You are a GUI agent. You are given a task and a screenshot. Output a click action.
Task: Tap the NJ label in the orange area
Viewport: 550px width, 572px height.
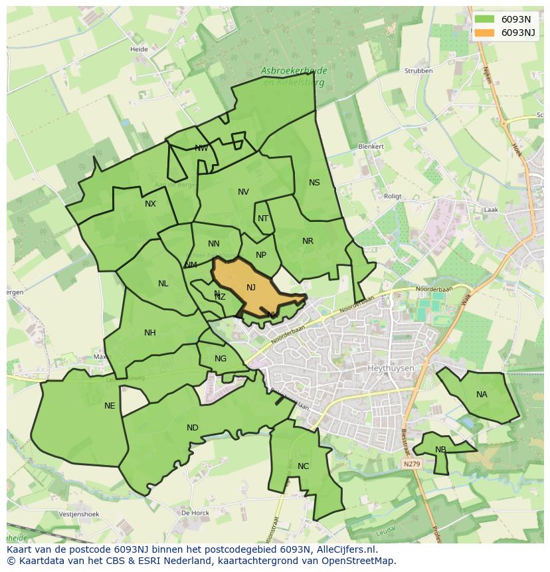coord(251,288)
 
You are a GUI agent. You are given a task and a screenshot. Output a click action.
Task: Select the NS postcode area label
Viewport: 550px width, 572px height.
coord(314,183)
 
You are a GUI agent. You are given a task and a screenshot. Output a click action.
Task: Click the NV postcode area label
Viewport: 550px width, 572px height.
coord(243,192)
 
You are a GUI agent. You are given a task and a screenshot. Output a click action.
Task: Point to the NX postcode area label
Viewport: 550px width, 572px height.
coord(150,204)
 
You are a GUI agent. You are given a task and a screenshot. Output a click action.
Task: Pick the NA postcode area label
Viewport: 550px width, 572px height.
coord(482,395)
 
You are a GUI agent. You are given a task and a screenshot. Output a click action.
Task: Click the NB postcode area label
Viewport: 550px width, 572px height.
coord(440,450)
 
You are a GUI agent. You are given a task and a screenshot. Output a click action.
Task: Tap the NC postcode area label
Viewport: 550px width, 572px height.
coord(303,466)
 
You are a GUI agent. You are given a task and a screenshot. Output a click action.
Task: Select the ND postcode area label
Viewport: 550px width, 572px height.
coord(193,428)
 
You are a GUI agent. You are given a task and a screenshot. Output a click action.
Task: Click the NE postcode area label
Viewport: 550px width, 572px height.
coord(110,406)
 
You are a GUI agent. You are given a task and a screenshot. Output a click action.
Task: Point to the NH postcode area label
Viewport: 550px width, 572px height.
coord(150,333)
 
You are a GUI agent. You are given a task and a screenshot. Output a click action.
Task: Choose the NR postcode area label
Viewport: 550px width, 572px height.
coord(308,241)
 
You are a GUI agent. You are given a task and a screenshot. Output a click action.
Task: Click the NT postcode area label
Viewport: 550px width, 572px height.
coord(263,219)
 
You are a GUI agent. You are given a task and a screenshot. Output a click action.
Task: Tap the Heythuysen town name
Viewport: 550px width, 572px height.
coord(391,367)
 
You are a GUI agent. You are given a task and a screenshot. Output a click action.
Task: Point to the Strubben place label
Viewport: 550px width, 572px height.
coord(418,70)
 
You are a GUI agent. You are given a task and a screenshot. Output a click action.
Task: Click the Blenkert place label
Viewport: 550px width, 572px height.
coord(371,146)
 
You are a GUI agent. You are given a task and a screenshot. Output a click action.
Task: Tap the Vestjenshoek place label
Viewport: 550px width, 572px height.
coord(78,514)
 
